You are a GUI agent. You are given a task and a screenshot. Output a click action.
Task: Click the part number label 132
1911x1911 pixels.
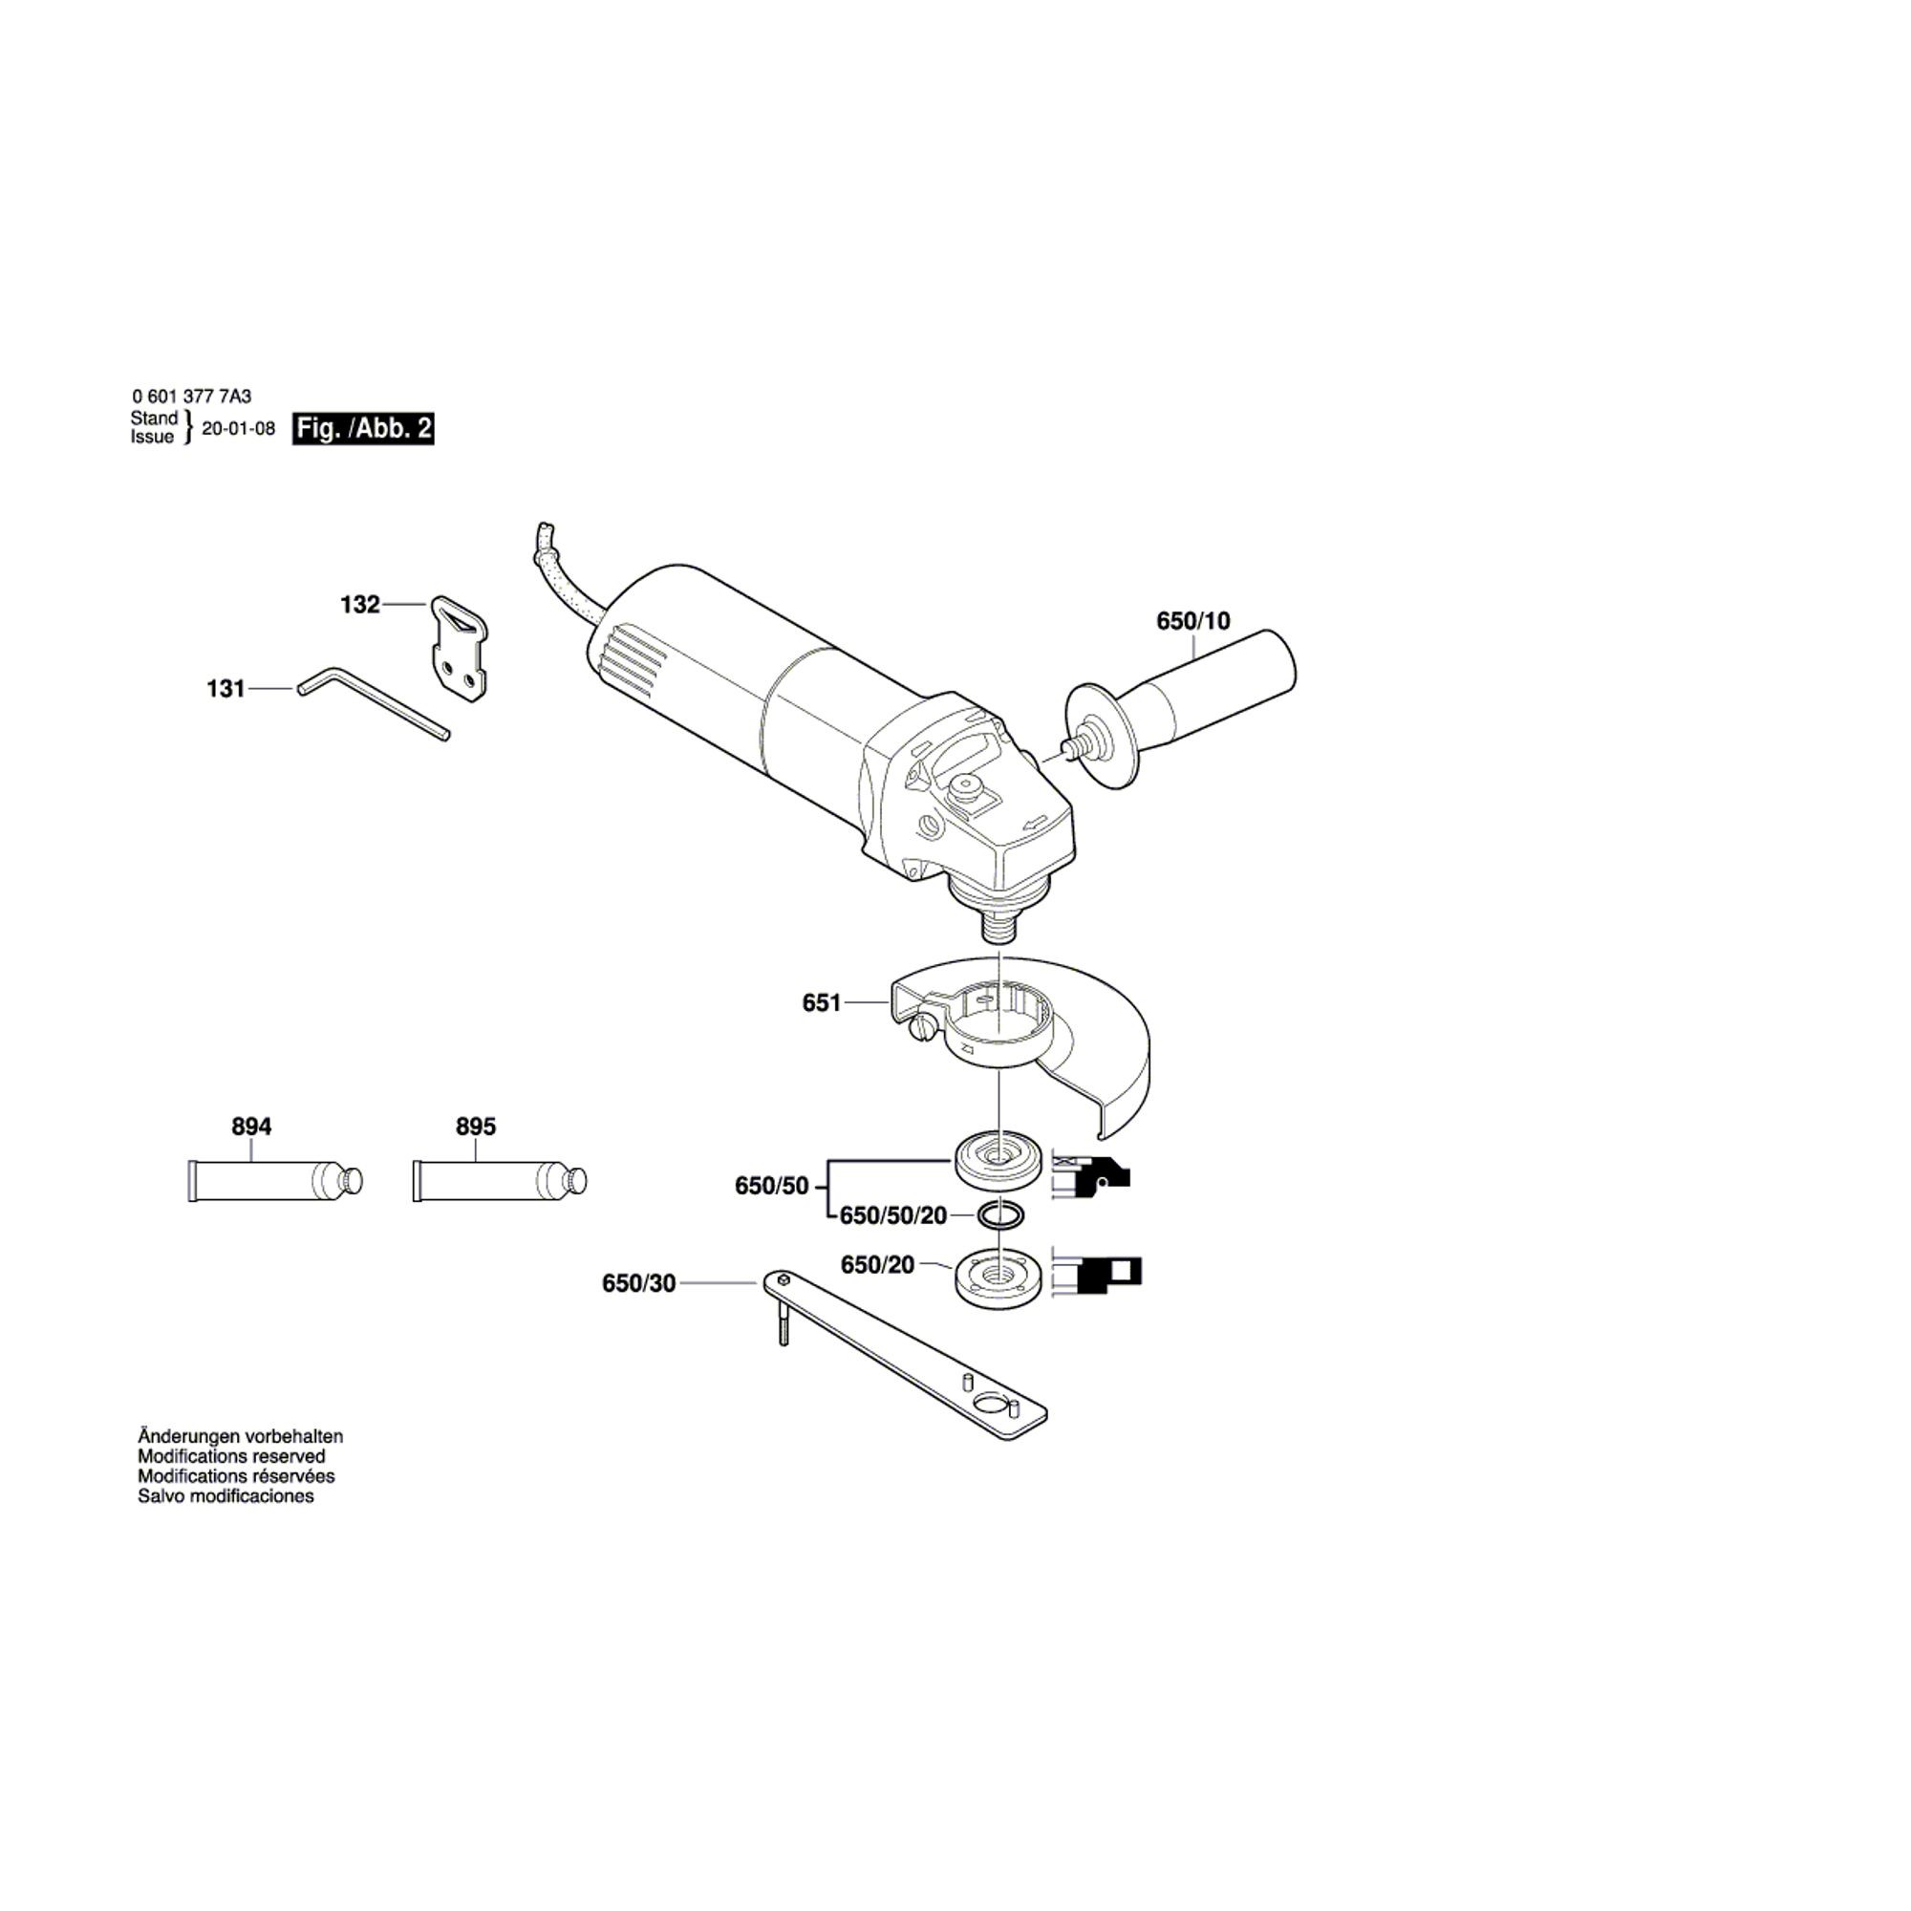(x=360, y=605)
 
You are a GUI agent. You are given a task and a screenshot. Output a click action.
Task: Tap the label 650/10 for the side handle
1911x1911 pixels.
(x=1192, y=620)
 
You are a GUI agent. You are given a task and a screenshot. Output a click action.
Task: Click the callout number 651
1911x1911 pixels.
(x=821, y=1003)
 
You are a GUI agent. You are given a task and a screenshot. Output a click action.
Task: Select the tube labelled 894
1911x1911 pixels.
(x=275, y=1181)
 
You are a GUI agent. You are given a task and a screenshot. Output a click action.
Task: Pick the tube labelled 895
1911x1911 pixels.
(x=500, y=1181)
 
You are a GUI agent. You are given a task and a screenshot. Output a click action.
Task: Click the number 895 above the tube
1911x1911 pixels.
(x=476, y=1127)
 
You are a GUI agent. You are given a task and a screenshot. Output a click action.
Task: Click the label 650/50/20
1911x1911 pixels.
(x=893, y=1215)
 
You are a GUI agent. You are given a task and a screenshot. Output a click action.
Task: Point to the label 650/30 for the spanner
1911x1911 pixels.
(x=639, y=1284)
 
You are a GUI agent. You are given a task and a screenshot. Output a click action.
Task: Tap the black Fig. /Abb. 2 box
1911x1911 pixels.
(x=363, y=429)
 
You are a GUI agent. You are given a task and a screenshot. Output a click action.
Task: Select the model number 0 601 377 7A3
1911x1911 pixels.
(x=192, y=397)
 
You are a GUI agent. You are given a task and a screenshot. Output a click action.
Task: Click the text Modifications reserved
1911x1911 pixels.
(x=231, y=1456)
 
